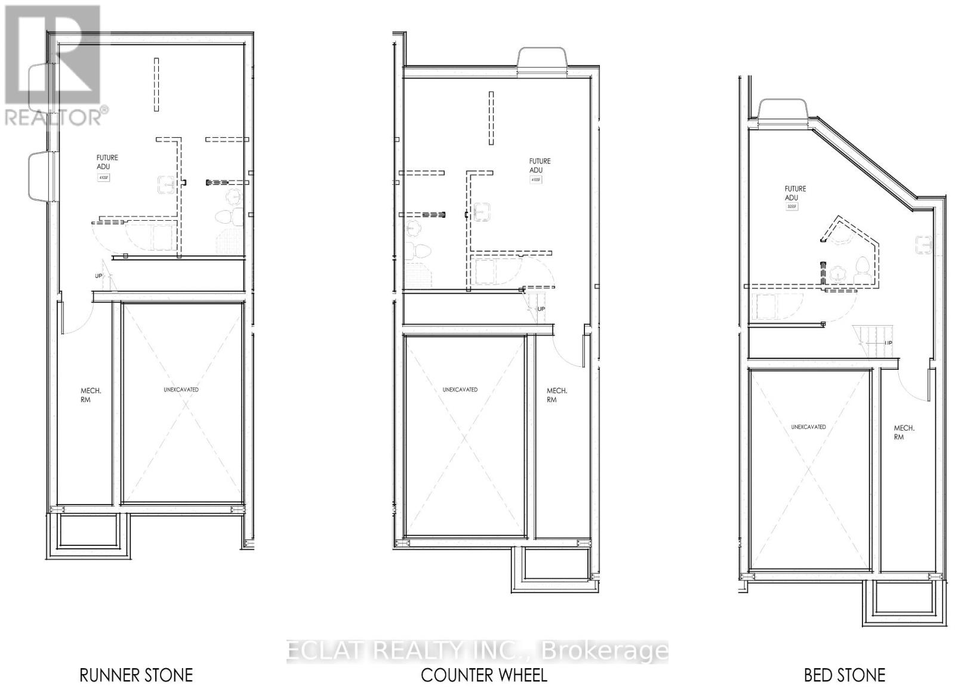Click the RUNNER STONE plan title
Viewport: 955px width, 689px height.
pos(136,675)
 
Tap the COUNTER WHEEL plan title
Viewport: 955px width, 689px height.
pos(483,675)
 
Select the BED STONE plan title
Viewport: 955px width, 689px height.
pos(844,675)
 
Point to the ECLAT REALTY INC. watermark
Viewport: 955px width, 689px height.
pos(478,651)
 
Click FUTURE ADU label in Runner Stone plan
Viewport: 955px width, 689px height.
pos(107,162)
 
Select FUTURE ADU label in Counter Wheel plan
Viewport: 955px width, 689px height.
pos(540,165)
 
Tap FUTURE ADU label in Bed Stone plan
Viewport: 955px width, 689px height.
pos(795,193)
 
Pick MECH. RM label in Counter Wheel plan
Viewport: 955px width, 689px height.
pos(557,395)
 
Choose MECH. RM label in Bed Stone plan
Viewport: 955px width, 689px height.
pos(904,432)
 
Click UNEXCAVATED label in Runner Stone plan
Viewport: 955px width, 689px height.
pos(181,390)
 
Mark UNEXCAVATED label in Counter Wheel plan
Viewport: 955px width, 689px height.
pos(460,390)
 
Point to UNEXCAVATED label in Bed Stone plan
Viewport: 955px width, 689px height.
pos(808,427)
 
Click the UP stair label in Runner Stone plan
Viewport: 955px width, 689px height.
pos(98,276)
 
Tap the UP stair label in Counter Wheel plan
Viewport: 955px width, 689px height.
pos(541,309)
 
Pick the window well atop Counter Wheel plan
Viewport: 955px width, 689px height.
pos(541,61)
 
